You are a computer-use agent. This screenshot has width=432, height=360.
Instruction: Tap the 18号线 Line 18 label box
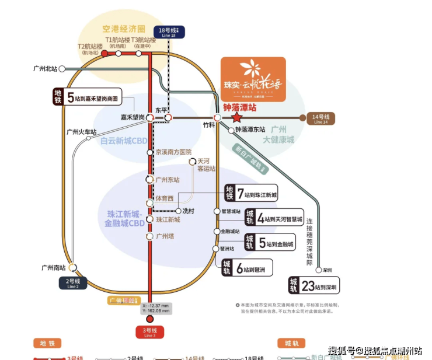point(168,33)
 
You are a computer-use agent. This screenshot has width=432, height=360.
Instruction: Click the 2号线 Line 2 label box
point(73,284)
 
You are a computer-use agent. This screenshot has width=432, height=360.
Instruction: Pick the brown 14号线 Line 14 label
point(321,118)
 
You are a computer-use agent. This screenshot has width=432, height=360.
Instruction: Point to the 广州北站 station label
point(45,69)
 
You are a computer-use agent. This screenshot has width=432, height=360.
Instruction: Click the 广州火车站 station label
point(81,132)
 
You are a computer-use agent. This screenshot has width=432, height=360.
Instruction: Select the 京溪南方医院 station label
point(173,152)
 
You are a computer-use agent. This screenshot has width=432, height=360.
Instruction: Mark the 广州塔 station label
point(165,236)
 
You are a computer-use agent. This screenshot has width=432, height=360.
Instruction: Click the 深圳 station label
point(327,271)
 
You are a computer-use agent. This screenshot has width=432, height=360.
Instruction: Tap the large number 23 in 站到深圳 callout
point(309,286)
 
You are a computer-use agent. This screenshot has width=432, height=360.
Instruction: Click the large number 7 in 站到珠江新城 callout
point(240,193)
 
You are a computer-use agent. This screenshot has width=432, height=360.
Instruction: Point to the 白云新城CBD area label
point(124,141)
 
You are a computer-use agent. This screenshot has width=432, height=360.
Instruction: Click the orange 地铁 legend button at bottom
point(47,343)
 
